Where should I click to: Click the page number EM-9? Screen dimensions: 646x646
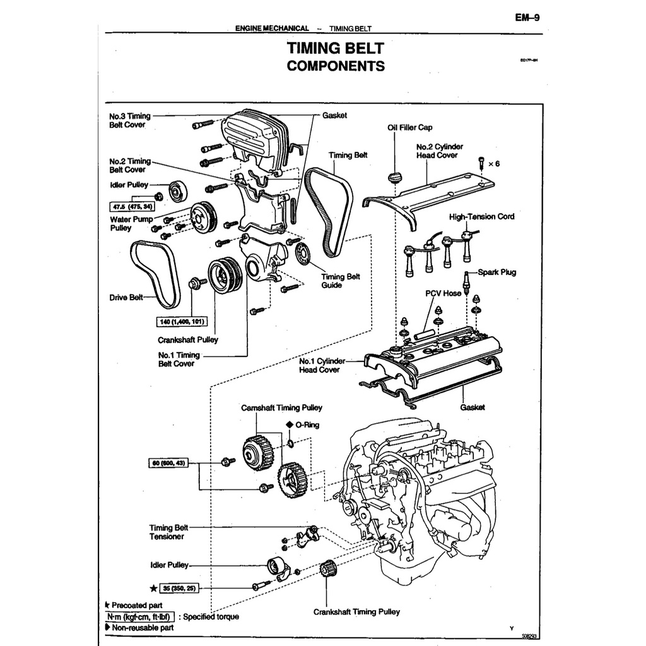(x=527, y=18)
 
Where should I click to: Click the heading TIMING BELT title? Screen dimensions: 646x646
(x=335, y=49)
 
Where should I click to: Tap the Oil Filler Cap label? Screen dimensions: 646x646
(x=410, y=127)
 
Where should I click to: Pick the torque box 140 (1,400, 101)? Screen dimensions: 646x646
(x=182, y=322)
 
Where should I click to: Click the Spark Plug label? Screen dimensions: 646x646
(x=496, y=273)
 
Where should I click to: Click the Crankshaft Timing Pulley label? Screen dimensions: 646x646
(x=356, y=611)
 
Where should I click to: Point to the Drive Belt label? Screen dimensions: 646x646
(x=127, y=297)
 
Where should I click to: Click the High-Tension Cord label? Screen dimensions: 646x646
(x=481, y=216)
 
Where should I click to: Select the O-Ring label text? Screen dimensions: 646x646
(x=307, y=425)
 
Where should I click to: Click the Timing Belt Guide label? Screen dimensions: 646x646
(x=341, y=281)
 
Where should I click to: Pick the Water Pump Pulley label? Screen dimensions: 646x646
(x=131, y=223)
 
